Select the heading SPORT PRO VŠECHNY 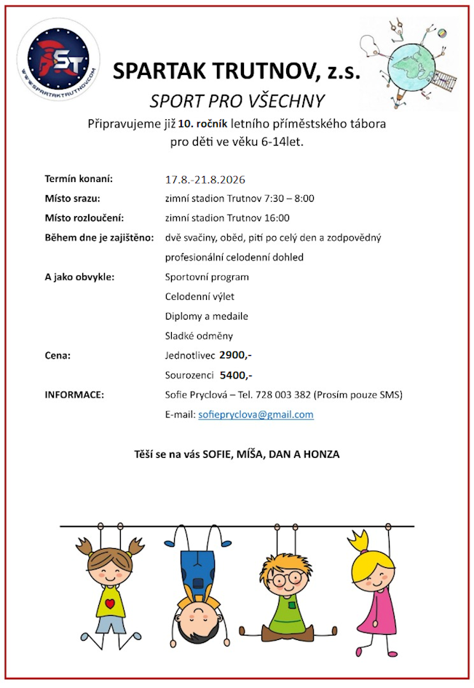[x=237, y=100]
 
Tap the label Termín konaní [x=79, y=178]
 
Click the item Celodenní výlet [x=200, y=296]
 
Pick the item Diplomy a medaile [x=207, y=316]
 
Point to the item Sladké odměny [x=199, y=336]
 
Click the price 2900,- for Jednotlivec [x=236, y=355]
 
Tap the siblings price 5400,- [x=236, y=375]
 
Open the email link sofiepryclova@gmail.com [x=256, y=414]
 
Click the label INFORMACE [x=74, y=395]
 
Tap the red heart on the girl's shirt [x=110, y=604]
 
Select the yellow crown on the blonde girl [x=359, y=542]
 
